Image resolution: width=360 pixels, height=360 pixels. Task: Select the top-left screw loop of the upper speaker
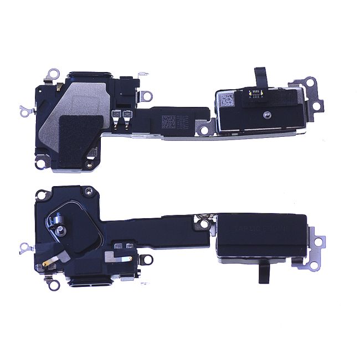coord(53,73)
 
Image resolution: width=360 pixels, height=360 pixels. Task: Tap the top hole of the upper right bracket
coord(313,82)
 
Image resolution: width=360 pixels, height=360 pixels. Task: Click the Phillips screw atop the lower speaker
coord(87,191)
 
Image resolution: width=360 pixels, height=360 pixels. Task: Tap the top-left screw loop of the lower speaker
coord(40,194)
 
